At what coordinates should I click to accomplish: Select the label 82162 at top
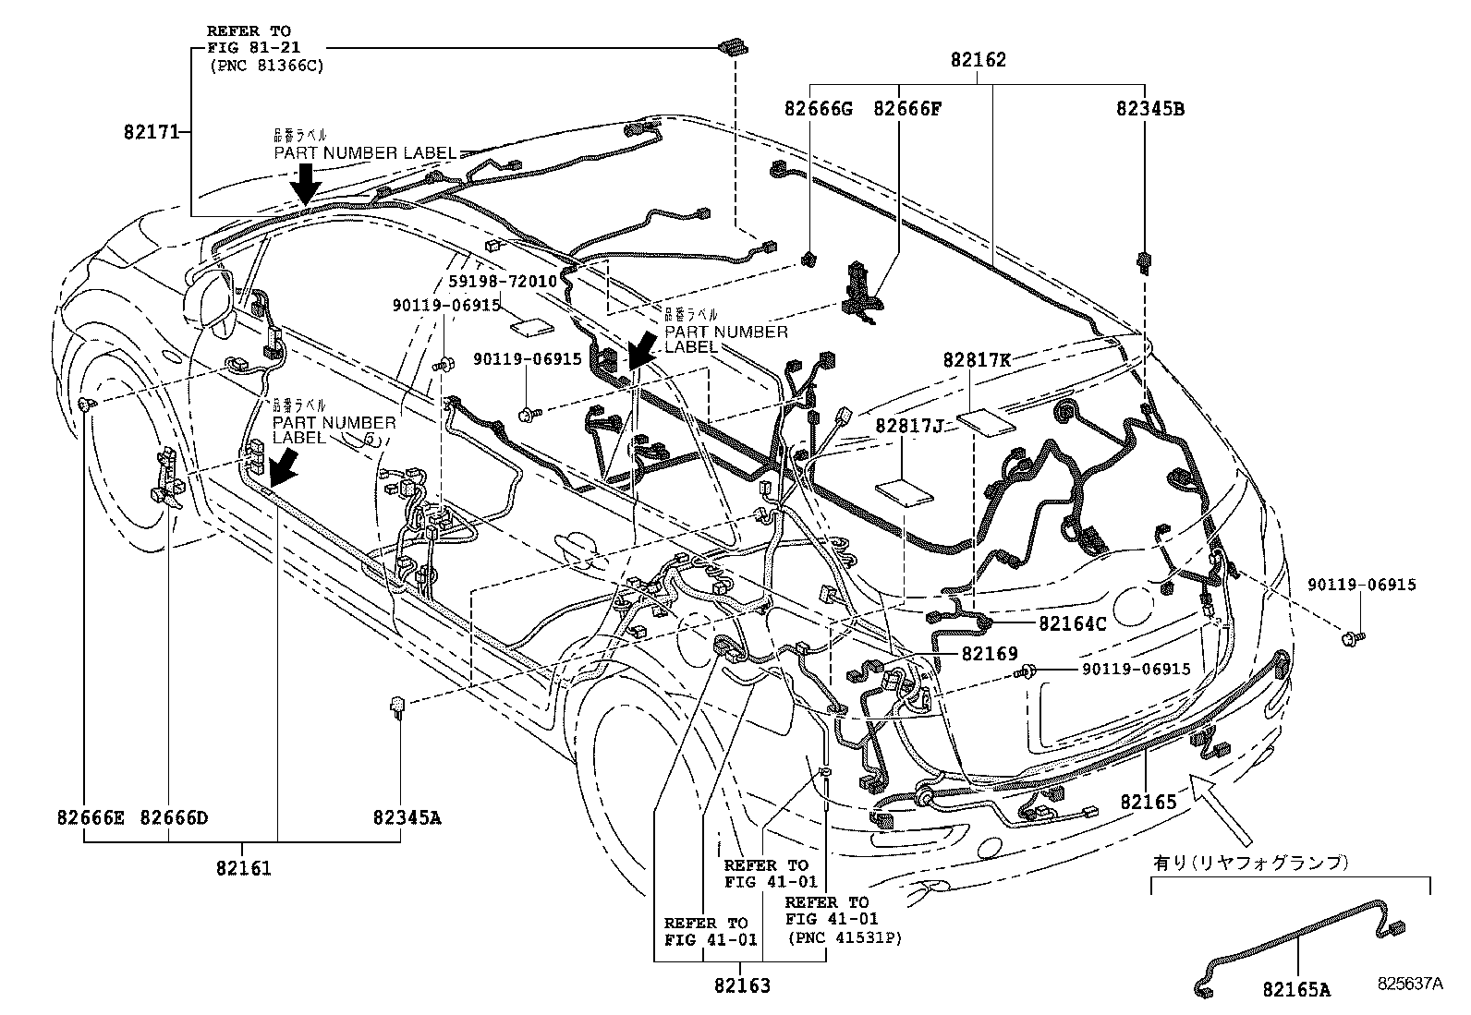pos(978,61)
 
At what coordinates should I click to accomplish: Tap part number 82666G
pos(818,108)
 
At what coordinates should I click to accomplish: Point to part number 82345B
pos(1150,108)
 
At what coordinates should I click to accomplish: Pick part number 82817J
pos(910,425)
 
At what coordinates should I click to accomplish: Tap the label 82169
pos(990,654)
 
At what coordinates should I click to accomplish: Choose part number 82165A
pos(1297,990)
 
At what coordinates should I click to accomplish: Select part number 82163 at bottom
pos(741,985)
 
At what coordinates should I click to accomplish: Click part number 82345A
pos(407,817)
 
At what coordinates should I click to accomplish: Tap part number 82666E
pos(90,817)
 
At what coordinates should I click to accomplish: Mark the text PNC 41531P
pos(845,937)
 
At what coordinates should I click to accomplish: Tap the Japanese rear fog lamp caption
pos(1251,864)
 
